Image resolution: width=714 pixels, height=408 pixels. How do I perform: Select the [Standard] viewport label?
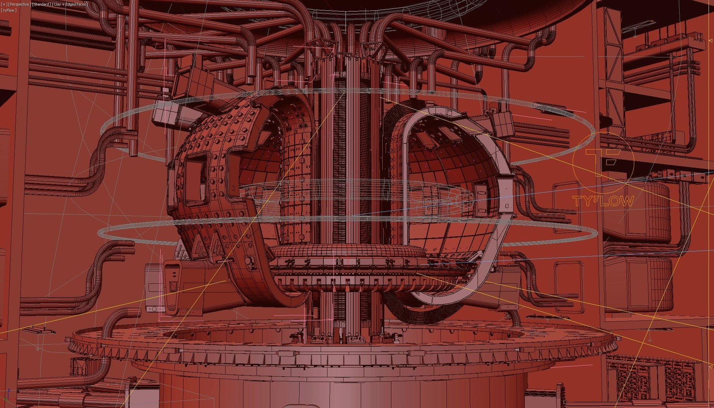(x=41, y=4)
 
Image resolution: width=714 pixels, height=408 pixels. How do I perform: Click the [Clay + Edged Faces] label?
(x=70, y=4)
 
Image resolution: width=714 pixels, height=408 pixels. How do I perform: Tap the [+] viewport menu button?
(x=4, y=4)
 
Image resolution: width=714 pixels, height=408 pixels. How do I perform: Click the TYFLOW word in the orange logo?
(x=603, y=201)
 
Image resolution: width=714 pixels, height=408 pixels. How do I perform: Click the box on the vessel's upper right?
(x=502, y=123)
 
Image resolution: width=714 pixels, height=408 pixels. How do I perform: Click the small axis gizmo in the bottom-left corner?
(x=8, y=395)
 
